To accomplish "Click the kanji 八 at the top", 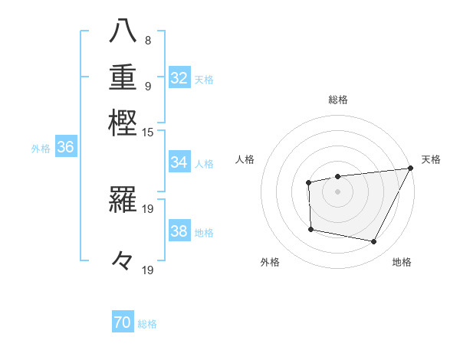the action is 124,32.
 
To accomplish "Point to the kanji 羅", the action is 124,200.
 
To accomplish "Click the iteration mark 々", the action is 123,260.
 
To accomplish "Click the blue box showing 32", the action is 179,78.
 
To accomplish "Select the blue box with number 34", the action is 179,162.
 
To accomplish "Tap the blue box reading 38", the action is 179,232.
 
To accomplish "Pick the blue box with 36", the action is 65,149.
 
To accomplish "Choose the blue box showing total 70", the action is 123,323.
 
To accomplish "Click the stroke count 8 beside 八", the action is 147,40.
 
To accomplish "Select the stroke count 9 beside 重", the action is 147,85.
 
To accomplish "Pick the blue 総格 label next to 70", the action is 147,324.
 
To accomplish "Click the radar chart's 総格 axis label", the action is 337,100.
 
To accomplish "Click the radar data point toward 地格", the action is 374,242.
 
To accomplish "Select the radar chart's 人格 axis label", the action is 245,159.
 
